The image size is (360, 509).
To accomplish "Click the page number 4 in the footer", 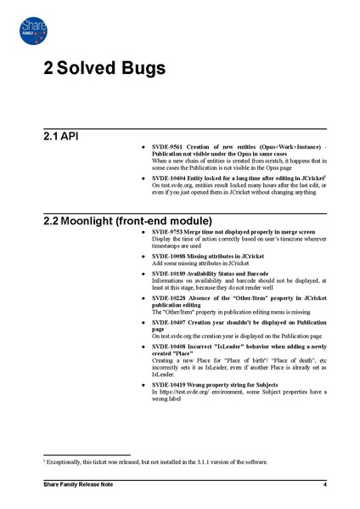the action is (325, 484).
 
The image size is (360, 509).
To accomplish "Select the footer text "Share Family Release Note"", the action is (78, 484).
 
